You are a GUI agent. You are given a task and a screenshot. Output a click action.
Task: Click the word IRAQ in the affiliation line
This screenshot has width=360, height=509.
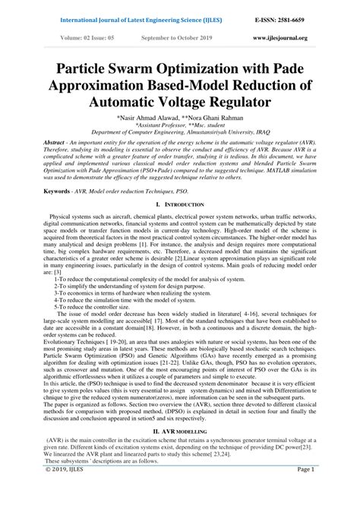[x=264, y=135]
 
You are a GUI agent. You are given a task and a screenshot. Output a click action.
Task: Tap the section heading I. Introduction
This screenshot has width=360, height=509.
[x=179, y=207]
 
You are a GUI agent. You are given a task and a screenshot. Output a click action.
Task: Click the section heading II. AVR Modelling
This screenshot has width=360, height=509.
[x=179, y=431]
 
